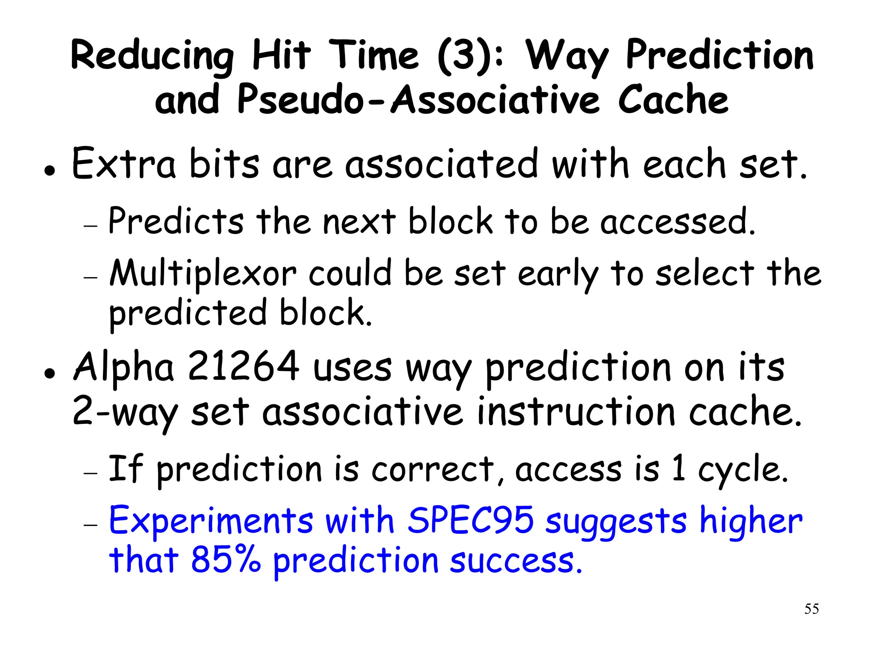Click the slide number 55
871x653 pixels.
[x=811, y=609]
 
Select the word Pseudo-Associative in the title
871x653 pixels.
[x=418, y=100]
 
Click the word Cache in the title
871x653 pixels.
[x=673, y=100]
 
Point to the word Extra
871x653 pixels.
[x=124, y=164]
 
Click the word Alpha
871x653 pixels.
[x=124, y=367]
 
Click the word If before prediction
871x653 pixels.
[x=125, y=468]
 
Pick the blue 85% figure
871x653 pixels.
[x=225, y=559]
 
